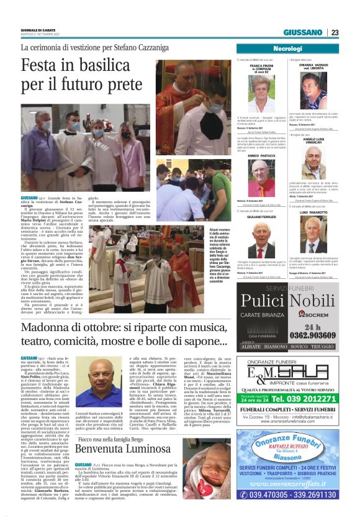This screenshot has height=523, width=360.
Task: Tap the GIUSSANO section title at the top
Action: (x=303, y=32)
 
